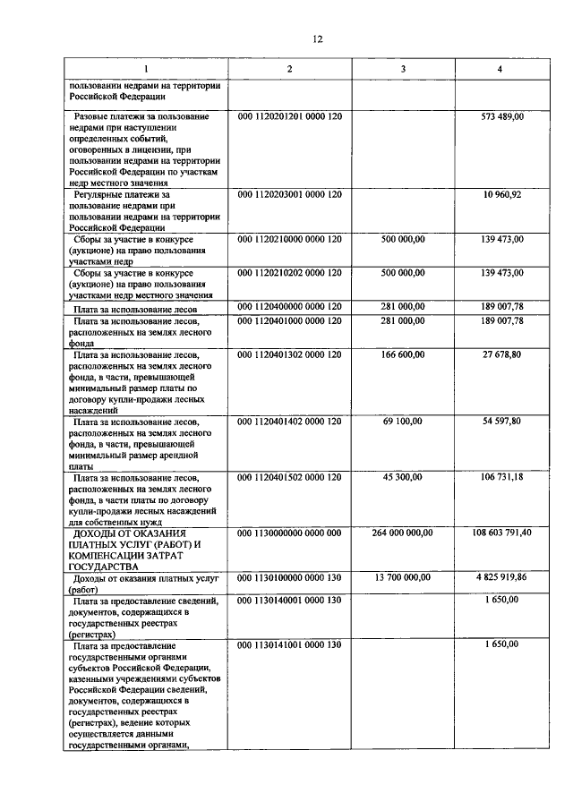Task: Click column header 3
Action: [403, 69]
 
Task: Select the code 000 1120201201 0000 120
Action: [290, 117]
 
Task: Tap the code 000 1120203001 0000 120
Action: [290, 194]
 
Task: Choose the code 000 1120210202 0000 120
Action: [290, 272]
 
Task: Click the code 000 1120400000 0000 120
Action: [290, 307]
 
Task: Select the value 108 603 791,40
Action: [502, 533]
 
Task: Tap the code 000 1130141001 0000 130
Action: [290, 644]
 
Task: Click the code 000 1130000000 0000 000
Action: [290, 533]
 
